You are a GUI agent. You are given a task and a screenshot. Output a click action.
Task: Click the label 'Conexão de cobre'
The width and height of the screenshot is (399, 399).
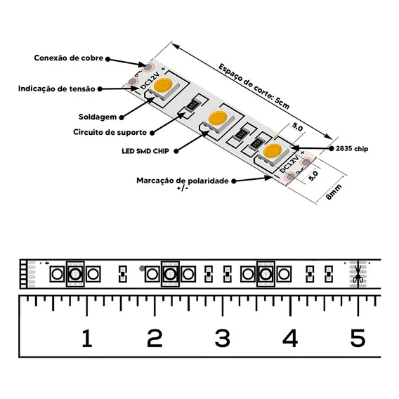coord(69,58)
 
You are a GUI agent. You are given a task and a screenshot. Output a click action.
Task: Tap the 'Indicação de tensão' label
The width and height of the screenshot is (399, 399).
coord(56,89)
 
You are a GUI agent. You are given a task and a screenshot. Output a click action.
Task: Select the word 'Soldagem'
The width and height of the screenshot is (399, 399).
coord(98,117)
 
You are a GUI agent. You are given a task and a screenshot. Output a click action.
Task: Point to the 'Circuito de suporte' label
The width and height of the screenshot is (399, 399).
coord(110,132)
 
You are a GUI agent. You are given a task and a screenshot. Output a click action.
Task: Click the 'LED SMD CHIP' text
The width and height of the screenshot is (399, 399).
coord(145,151)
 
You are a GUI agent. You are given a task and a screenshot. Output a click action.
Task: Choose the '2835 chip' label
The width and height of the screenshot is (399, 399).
coord(352,149)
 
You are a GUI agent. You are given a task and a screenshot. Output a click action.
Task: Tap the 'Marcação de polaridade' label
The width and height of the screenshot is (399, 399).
coord(183,181)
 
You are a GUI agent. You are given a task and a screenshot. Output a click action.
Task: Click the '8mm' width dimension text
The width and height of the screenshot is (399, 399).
coord(334,192)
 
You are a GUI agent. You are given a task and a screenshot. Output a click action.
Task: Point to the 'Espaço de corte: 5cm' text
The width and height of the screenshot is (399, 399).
coord(254,86)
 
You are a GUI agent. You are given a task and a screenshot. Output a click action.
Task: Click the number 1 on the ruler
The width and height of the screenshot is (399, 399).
coord(87,338)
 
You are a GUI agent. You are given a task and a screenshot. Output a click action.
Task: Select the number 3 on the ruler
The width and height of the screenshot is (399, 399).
coord(223,338)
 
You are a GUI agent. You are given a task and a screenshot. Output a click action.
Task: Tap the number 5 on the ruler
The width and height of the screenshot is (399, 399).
coord(358,338)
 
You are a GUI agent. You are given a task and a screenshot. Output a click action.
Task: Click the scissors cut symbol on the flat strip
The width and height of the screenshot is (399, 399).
coord(358,275)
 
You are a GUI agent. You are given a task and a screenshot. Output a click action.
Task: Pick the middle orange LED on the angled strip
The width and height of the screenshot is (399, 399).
coord(218,118)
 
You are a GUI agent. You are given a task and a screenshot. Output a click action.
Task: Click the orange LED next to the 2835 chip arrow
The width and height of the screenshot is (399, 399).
coord(273,150)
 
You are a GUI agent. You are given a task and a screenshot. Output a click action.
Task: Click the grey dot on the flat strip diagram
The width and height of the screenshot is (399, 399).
coord(142,268)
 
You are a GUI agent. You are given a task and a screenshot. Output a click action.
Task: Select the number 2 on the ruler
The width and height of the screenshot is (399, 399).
coord(155,338)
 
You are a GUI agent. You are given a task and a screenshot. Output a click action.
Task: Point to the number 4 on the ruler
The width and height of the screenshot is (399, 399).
coord(290,338)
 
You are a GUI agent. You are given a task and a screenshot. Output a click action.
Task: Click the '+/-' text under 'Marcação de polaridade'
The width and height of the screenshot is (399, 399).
coord(183,188)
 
